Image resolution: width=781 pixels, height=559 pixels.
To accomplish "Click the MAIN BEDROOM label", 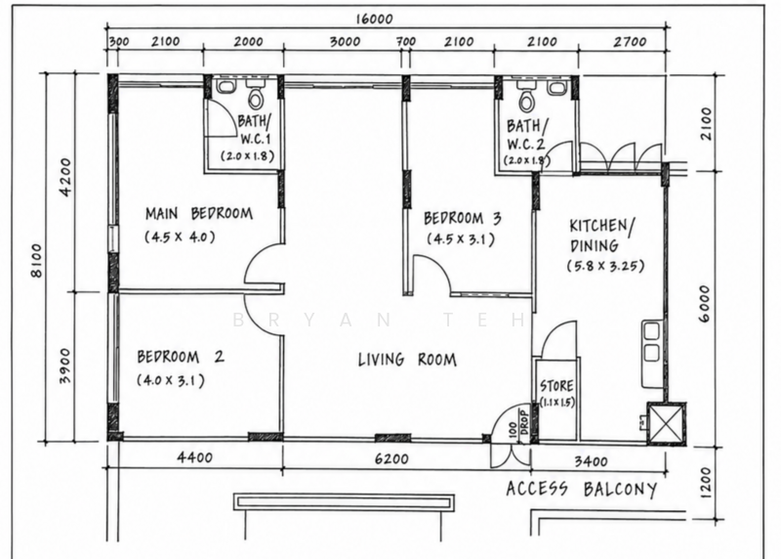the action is (x=199, y=214).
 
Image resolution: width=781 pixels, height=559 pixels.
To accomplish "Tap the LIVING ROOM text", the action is (x=407, y=359).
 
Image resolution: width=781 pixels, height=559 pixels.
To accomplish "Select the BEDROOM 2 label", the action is (x=181, y=357).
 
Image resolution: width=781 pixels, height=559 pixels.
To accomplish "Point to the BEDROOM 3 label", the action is (x=462, y=218).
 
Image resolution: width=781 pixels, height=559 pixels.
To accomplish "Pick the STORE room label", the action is (x=556, y=386).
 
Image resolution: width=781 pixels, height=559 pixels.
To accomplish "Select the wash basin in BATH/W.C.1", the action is (x=226, y=86).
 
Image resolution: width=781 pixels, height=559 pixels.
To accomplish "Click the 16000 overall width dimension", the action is (x=374, y=19).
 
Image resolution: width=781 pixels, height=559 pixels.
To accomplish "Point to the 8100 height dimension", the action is (x=37, y=260).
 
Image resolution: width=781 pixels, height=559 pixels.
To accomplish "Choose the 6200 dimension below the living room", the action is (x=391, y=457).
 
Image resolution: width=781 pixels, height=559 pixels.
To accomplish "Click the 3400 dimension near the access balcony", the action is (x=591, y=461).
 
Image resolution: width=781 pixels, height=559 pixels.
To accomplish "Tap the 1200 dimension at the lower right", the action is (x=706, y=482).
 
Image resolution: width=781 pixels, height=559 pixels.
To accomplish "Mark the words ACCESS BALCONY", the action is (x=581, y=489).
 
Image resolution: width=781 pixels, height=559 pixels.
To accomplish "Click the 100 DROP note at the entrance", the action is (x=518, y=426).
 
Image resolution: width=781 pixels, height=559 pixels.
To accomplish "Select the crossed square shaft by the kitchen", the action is (x=666, y=423).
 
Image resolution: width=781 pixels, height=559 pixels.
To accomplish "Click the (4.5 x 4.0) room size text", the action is (x=180, y=236).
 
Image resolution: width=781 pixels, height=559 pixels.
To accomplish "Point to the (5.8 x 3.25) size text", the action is (x=605, y=265).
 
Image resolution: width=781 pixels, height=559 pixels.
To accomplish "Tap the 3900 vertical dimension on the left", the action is (x=65, y=365).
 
